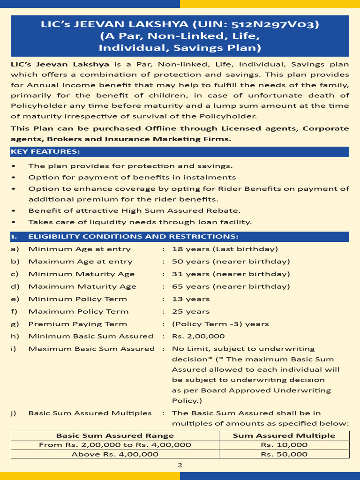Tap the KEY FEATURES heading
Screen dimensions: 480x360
[x=45, y=151]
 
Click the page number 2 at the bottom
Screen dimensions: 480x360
[x=180, y=465]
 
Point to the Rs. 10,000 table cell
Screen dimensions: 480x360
[x=284, y=445]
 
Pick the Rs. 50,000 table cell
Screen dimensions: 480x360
[x=284, y=454]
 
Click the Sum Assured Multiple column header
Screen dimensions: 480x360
[x=284, y=435]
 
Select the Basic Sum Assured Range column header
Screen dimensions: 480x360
[x=115, y=435]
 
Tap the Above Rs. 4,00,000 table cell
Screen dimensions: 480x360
[x=115, y=454]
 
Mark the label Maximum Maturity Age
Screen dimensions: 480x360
[x=82, y=286]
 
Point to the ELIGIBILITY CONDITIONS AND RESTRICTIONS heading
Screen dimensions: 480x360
[x=133, y=236]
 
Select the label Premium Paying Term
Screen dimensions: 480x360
[x=78, y=324]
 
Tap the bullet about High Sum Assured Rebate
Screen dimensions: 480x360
[x=135, y=211]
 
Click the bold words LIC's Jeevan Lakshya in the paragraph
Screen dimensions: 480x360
[x=60, y=64]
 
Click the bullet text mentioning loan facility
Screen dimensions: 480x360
[x=140, y=222]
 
